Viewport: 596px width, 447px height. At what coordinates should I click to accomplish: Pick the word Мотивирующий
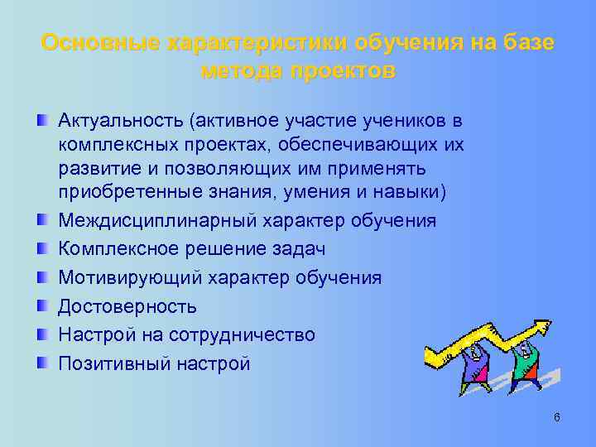pyautogui.click(x=124, y=277)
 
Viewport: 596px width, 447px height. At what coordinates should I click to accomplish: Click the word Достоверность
pyautogui.click(x=127, y=306)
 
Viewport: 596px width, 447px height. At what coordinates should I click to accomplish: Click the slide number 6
pyautogui.click(x=557, y=417)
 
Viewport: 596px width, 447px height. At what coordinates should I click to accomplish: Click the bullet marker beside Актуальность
pyautogui.click(x=42, y=122)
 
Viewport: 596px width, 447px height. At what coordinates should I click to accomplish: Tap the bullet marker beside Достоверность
pyautogui.click(x=42, y=306)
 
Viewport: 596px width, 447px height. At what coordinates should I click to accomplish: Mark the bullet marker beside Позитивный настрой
pyautogui.click(x=42, y=363)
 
